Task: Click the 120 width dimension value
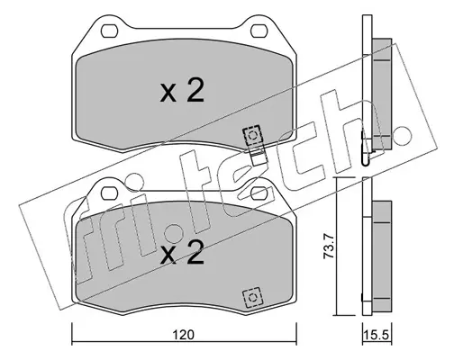184,335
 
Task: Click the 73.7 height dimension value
328,247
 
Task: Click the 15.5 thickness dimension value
377,335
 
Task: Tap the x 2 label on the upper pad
182,90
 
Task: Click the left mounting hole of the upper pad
109,31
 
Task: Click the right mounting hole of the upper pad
259,31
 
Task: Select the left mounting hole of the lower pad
109,193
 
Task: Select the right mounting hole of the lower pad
259,193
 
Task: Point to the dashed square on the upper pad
252,136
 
